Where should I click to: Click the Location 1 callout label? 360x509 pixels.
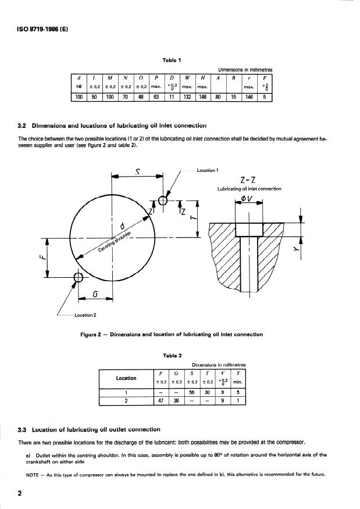[x=208, y=170]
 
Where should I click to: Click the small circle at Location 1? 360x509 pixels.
[x=163, y=200]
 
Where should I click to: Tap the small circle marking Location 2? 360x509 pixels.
[x=76, y=278]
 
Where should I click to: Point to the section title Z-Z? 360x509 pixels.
[x=248, y=180]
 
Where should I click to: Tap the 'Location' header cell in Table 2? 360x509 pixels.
[x=126, y=378]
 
